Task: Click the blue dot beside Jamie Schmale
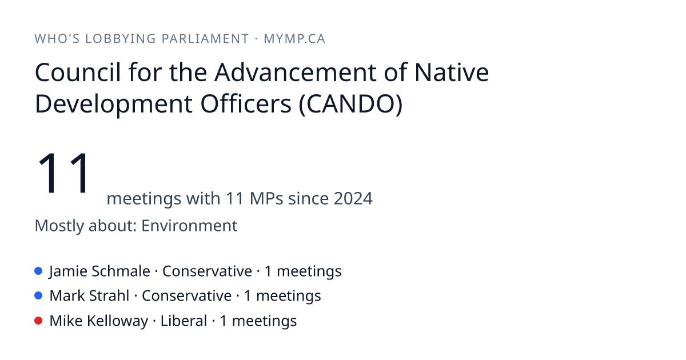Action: point(38,271)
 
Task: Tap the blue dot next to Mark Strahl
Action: point(38,296)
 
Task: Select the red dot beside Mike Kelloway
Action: point(38,321)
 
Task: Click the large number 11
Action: point(63,173)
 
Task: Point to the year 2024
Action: point(353,198)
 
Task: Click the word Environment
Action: point(189,226)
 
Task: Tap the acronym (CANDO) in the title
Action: point(350,104)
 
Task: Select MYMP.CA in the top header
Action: point(294,39)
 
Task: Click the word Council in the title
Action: point(78,72)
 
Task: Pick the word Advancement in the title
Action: point(295,72)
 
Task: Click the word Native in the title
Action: point(452,72)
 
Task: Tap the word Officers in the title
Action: point(246,104)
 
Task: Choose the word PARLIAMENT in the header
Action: point(205,39)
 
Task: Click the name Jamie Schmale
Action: point(100,271)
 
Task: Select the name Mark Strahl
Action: point(89,296)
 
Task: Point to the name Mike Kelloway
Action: point(99,321)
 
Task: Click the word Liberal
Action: point(184,321)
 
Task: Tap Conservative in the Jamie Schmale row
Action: point(207,271)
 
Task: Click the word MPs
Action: point(266,198)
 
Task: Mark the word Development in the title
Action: point(114,105)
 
